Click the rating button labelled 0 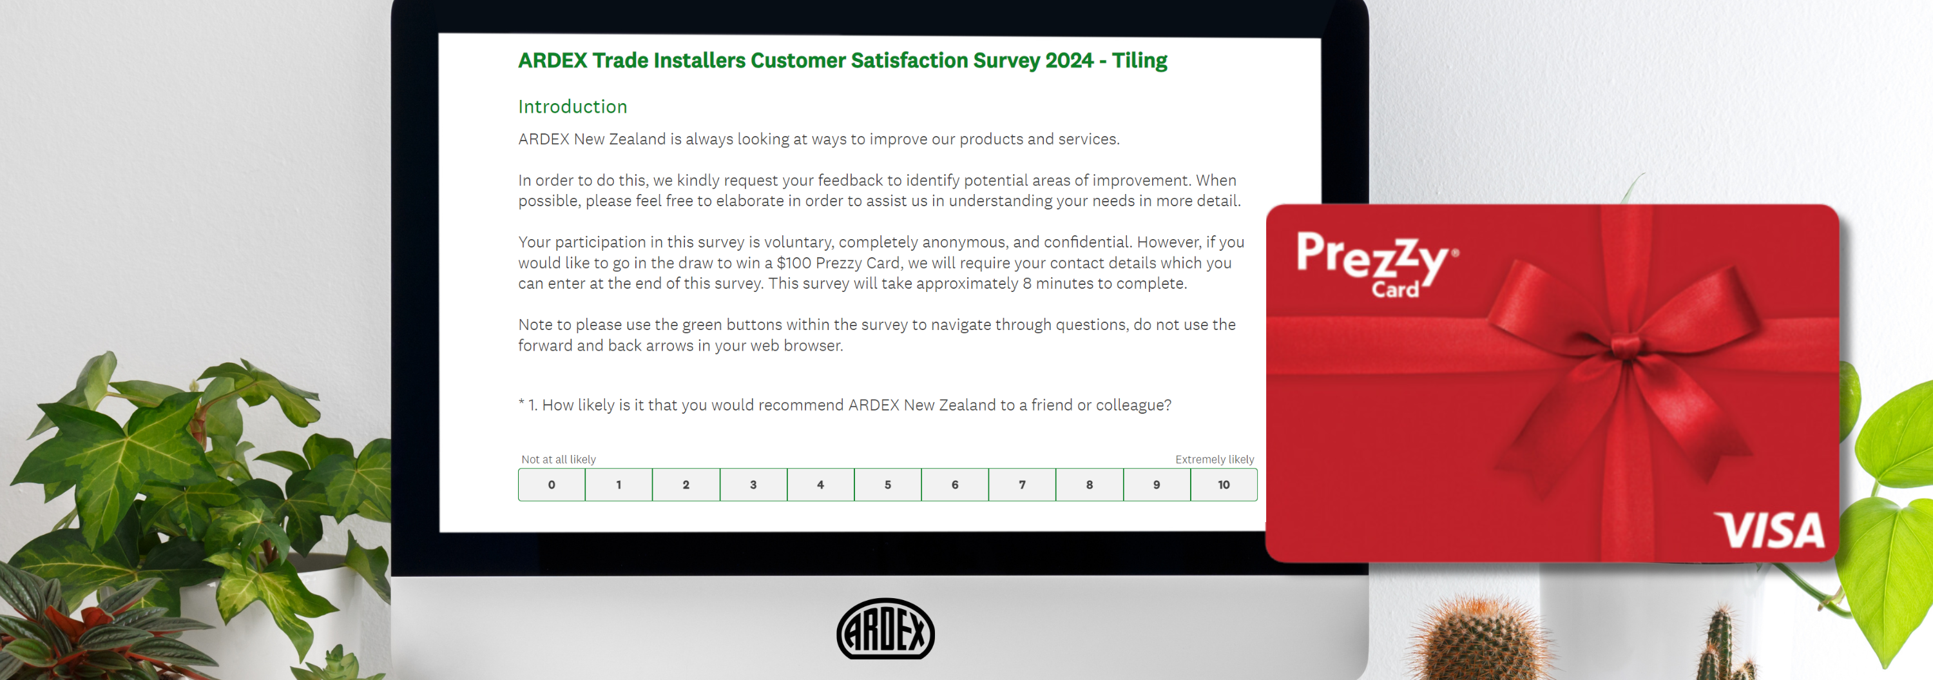tap(552, 485)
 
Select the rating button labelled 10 tap(1224, 485)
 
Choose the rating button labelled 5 tap(888, 485)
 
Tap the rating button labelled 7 tap(1022, 485)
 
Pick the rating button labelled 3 tap(753, 485)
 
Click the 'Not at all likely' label tap(558, 460)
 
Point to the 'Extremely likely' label tap(1214, 460)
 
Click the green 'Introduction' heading tap(573, 106)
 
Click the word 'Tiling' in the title tap(1139, 61)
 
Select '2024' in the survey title tap(1070, 60)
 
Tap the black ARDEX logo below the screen tap(885, 629)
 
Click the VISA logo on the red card tap(1770, 530)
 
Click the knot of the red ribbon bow tap(1624, 346)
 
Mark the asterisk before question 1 tap(521, 402)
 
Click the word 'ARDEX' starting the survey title tap(552, 60)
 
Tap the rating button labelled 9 tap(1157, 485)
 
